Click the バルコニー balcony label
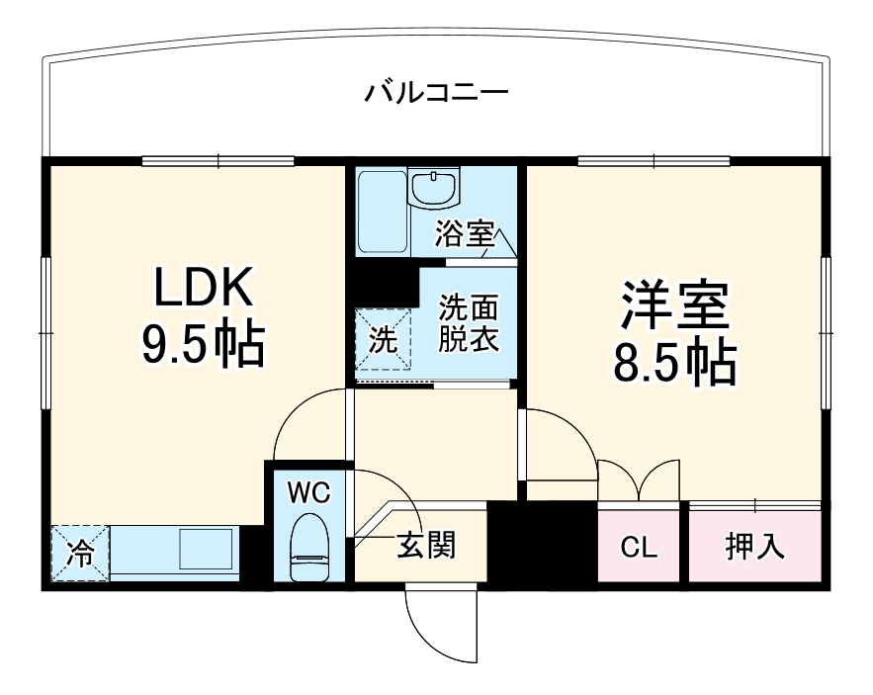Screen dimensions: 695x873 [436, 94]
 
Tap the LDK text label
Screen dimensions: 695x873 [204, 289]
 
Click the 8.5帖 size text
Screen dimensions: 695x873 [675, 363]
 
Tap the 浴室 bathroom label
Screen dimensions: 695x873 [465, 234]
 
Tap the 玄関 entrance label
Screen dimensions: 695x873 [426, 546]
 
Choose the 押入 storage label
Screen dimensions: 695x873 [755, 547]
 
